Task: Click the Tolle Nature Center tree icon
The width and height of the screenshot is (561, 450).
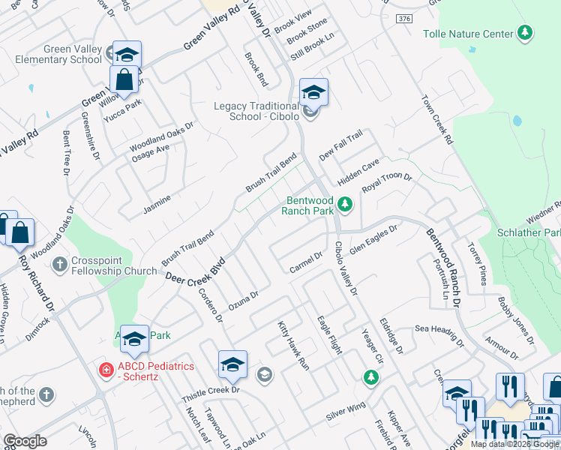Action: point(526,33)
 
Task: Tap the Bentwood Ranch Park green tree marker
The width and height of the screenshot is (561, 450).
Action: point(344,203)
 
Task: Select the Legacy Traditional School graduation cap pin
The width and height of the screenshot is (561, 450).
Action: point(313,93)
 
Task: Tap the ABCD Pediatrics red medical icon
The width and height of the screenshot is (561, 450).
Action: point(106,370)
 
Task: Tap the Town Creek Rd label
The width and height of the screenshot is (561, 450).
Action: point(438,119)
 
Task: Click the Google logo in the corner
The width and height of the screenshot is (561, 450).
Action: point(25,441)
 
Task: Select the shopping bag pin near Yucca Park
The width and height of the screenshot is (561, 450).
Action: point(123,79)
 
